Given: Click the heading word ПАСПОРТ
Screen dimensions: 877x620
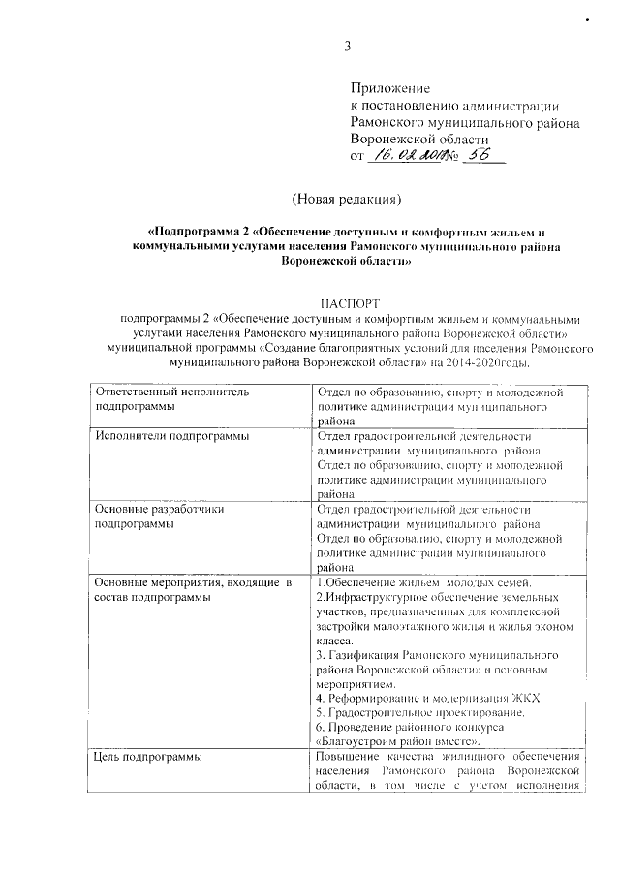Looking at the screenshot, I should coord(345,302).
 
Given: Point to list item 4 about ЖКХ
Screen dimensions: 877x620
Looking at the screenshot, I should coord(430,699).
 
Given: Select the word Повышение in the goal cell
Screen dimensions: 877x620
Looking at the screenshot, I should coord(349,757).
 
